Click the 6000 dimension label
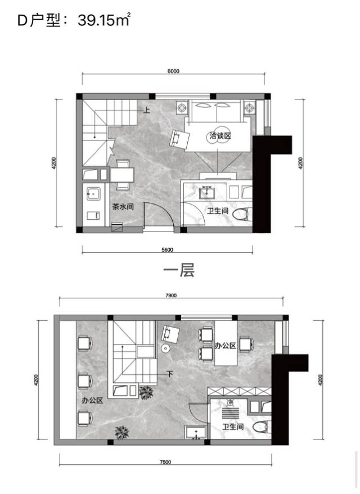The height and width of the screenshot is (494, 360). tap(173, 71)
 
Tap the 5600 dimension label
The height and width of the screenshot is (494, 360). tap(167, 250)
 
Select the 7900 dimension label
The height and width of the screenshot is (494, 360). tap(171, 296)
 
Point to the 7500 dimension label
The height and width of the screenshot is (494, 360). tap(165, 462)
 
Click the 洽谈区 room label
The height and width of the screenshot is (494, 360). tap(220, 136)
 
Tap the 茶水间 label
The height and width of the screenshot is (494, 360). tap(123, 207)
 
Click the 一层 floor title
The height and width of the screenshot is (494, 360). tap(179, 270)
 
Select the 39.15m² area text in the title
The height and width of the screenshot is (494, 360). tap(104, 20)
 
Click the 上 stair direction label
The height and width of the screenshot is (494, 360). tap(147, 110)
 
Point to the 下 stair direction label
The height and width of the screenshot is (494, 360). tap(170, 374)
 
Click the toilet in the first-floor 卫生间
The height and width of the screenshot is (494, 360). tap(242, 214)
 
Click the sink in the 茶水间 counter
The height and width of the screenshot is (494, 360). tap(93, 193)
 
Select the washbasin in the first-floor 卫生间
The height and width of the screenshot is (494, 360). tap(207, 192)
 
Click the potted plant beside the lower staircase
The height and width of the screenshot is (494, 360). tap(146, 392)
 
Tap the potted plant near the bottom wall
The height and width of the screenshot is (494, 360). tap(121, 432)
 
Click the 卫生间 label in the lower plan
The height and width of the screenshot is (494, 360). tap(233, 427)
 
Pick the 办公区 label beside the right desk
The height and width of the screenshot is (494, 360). tap(226, 346)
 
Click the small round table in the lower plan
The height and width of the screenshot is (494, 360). tap(165, 348)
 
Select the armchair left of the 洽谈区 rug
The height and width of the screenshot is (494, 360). tap(179, 139)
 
